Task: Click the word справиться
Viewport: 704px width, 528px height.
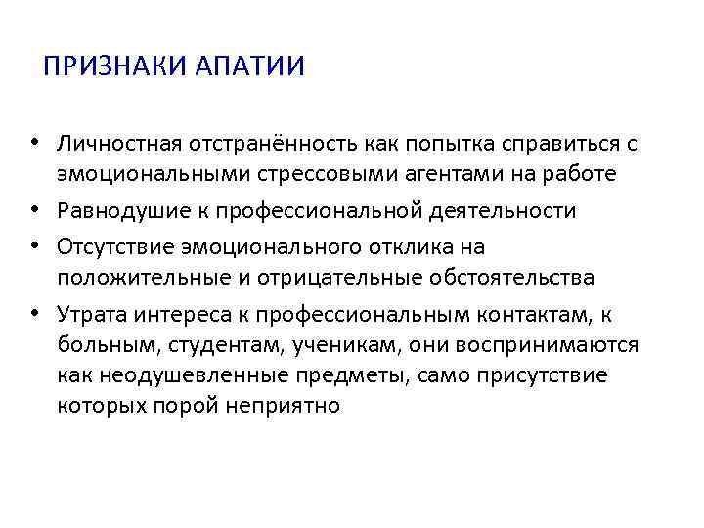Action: coord(552,145)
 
